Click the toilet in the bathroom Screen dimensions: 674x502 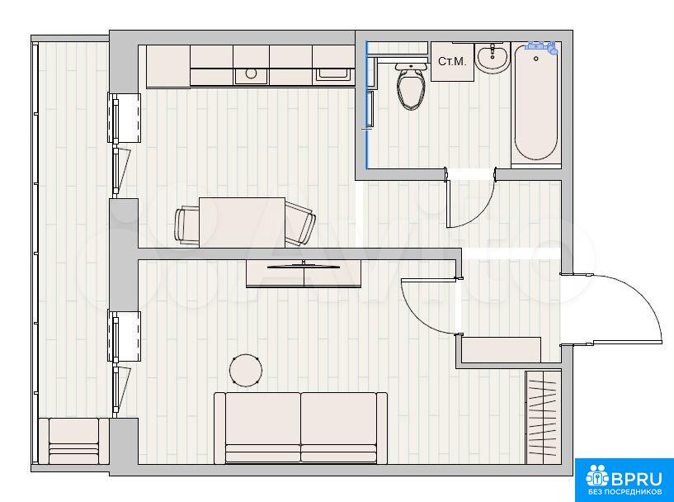coord(412,86)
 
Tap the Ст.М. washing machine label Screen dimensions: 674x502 coord(452,62)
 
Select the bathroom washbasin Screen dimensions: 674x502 coord(493,58)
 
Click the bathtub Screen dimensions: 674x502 coord(536,102)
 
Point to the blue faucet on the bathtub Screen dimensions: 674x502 coord(541,46)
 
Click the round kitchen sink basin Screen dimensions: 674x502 coord(251,74)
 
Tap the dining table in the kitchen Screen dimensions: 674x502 coord(242,222)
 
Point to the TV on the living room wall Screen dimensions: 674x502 coord(304,267)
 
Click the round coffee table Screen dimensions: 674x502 coord(246,370)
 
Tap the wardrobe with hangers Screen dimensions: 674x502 coord(544,417)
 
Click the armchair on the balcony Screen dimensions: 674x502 coord(74,441)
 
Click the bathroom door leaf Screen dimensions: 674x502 coord(449,203)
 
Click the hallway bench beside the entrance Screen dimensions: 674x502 coord(502,350)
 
